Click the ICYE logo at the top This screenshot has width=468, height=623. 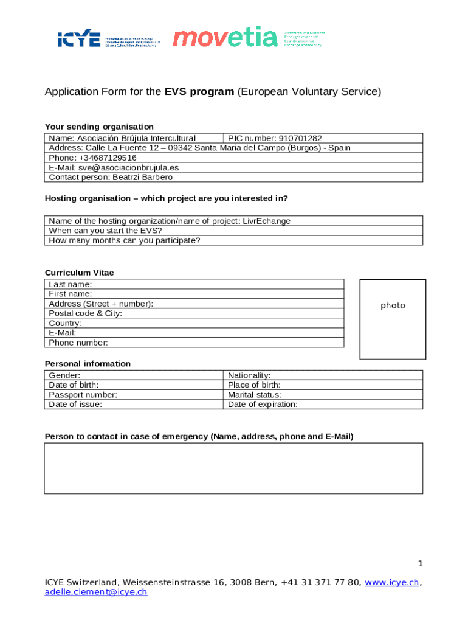point(78,40)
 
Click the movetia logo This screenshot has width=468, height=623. point(225,38)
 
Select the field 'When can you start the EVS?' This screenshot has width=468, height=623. point(105,231)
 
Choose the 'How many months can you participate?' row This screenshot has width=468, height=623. point(124,240)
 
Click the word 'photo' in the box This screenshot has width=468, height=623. point(393,305)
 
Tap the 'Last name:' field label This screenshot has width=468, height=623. point(71,284)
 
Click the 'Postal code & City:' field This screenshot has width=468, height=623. point(85,313)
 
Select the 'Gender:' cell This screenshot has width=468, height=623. point(64,375)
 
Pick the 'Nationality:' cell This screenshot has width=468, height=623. point(249,375)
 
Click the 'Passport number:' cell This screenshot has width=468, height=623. point(83,394)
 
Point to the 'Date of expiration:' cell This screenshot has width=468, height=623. point(263,404)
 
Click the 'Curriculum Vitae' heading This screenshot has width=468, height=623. point(79,273)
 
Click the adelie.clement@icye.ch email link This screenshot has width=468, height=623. point(96,591)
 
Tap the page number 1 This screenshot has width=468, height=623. point(419,563)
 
